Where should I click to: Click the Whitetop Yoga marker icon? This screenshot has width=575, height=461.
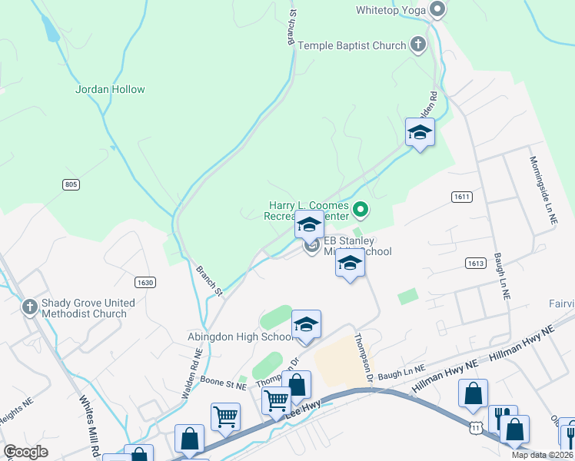click(x=437, y=10)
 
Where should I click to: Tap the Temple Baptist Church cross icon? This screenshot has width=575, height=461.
click(x=418, y=45)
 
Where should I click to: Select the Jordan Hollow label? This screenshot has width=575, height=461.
click(x=110, y=89)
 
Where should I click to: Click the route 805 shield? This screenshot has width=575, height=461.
click(x=71, y=184)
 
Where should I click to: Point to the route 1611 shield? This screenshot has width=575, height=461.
click(x=461, y=197)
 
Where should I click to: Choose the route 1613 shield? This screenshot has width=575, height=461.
click(x=475, y=263)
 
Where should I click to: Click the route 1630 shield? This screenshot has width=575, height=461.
click(x=145, y=282)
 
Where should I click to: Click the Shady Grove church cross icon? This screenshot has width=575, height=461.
click(x=30, y=307)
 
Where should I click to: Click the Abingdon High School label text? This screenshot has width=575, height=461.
click(x=238, y=337)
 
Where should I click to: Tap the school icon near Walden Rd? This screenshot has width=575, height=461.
click(x=420, y=133)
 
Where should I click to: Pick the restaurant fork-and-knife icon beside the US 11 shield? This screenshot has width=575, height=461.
click(x=502, y=419)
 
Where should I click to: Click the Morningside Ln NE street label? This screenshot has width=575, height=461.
click(x=543, y=190)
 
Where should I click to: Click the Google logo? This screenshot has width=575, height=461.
click(x=26, y=452)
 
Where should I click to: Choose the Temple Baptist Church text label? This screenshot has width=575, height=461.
click(x=352, y=45)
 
